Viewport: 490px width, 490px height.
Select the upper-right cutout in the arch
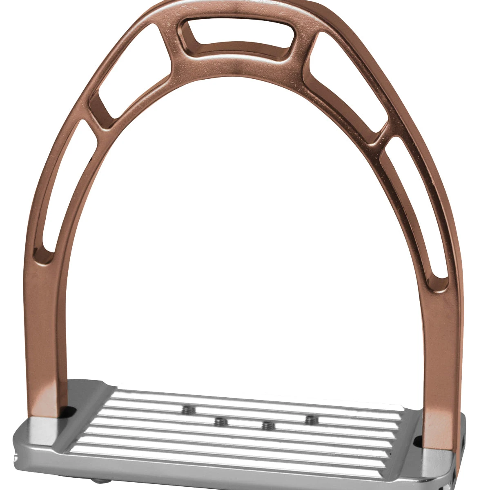tap(347, 82)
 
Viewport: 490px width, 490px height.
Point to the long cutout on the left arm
tap(61, 188)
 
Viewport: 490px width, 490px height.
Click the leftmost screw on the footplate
tap(188, 410)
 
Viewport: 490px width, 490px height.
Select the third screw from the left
tap(267, 425)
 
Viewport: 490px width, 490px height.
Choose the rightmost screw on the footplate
tap(311, 419)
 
